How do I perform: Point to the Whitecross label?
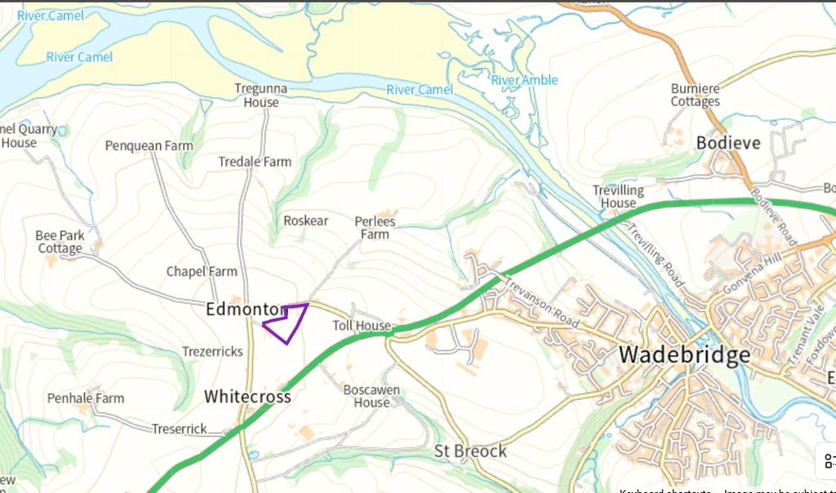click(247, 397)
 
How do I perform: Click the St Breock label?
click(470, 451)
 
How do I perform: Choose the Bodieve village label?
click(728, 143)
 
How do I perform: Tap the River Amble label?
click(524, 80)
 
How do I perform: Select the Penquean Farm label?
click(149, 146)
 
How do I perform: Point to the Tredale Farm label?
click(255, 162)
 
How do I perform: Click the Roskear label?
click(305, 221)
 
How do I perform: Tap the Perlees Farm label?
click(375, 228)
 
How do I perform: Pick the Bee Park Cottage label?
click(60, 242)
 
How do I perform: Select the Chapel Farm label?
click(202, 272)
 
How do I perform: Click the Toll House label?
click(362, 326)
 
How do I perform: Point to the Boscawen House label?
click(371, 396)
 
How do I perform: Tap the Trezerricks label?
click(212, 352)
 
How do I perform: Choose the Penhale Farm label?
click(86, 398)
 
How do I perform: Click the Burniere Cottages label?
click(696, 95)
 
